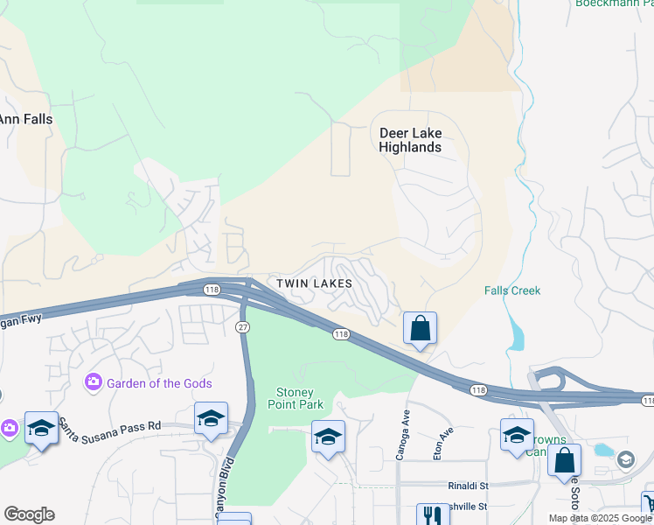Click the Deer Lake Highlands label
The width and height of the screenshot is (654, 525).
[410, 140]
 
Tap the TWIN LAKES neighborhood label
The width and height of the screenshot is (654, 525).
[314, 283]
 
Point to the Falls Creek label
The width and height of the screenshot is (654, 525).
[512, 290]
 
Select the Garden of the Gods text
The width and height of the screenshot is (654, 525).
[154, 383]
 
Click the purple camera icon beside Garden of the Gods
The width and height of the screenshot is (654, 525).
[94, 382]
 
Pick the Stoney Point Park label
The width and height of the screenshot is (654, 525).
[300, 398]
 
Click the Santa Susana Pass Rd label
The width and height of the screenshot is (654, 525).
[110, 426]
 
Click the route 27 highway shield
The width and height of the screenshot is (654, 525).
[243, 325]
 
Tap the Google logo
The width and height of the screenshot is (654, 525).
[29, 514]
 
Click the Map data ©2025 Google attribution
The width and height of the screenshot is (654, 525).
[600, 518]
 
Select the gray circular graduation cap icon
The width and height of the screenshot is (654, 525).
[626, 458]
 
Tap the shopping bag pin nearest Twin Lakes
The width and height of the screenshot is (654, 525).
[420, 329]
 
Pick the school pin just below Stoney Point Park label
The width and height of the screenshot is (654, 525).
[327, 437]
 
